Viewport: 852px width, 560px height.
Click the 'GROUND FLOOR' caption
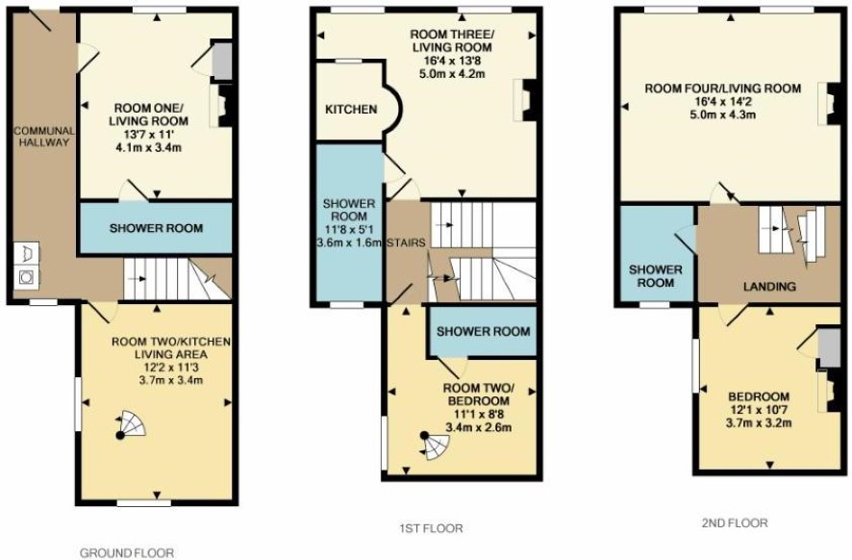pyautogui.click(x=127, y=553)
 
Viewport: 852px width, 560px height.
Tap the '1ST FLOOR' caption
pyautogui.click(x=431, y=528)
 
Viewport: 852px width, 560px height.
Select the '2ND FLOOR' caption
pyautogui.click(x=735, y=523)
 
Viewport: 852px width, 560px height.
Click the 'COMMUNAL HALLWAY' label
pyautogui.click(x=44, y=137)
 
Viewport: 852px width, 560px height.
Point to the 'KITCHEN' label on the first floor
pyautogui.click(x=351, y=110)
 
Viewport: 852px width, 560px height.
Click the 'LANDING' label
pyautogui.click(x=770, y=287)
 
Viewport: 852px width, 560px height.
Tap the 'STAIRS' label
pyautogui.click(x=406, y=242)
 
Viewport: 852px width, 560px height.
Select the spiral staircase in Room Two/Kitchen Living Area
pyautogui.click(x=131, y=424)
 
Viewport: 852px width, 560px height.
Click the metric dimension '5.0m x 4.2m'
pyautogui.click(x=452, y=73)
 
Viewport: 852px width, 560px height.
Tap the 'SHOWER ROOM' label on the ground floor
pyautogui.click(x=156, y=228)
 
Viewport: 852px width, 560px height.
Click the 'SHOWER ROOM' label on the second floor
pyautogui.click(x=655, y=276)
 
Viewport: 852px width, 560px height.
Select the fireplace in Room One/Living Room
pyautogui.click(x=222, y=105)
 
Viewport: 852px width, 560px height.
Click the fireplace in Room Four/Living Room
pyautogui.click(x=829, y=104)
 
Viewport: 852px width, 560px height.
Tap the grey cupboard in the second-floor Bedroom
pyautogui.click(x=829, y=348)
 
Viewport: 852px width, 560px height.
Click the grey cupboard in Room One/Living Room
pyautogui.click(x=222, y=61)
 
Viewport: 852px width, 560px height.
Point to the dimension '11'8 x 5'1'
pyautogui.click(x=349, y=229)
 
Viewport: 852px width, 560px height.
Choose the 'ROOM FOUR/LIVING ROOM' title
pyautogui.click(x=723, y=89)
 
